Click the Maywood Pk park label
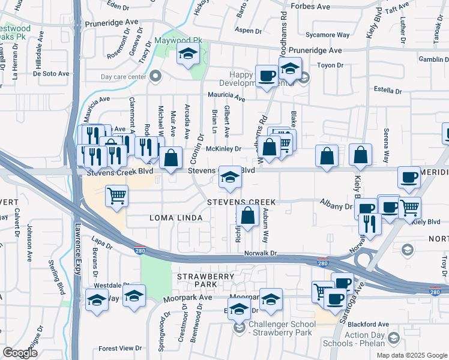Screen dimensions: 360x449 [179, 41]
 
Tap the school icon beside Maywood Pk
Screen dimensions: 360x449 [188, 55]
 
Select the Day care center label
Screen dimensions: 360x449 [124, 77]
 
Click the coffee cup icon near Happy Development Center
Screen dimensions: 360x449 [267, 76]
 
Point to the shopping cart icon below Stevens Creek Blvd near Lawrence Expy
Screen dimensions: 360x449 [116, 195]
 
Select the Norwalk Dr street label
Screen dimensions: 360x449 [261, 253]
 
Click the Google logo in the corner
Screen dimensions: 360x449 [20, 352]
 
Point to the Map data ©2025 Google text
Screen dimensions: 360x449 [411, 355]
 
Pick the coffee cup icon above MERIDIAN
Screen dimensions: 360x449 [409, 177]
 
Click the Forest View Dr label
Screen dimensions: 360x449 [120, 348]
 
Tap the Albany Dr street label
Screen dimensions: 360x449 [335, 206]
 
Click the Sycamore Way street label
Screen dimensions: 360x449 [327, 35]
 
